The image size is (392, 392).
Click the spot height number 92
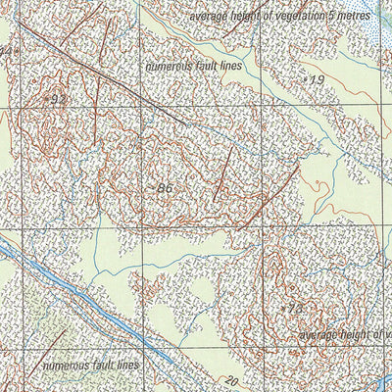[x=58, y=100]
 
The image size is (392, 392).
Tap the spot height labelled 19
[x=315, y=78]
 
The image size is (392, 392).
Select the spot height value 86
[x=164, y=186]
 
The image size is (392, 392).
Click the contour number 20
[x=230, y=381]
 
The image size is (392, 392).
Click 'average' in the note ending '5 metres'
[x=206, y=17]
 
